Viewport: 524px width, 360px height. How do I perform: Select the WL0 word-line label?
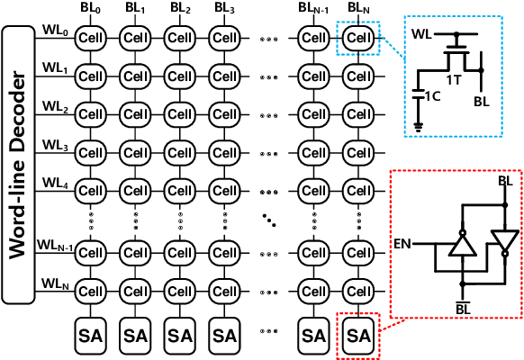[x=54, y=31]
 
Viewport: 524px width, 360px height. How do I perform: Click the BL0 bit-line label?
[x=91, y=9]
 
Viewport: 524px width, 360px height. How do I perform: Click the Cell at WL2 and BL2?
[x=179, y=115]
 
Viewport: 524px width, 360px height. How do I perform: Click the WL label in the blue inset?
[x=421, y=35]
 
